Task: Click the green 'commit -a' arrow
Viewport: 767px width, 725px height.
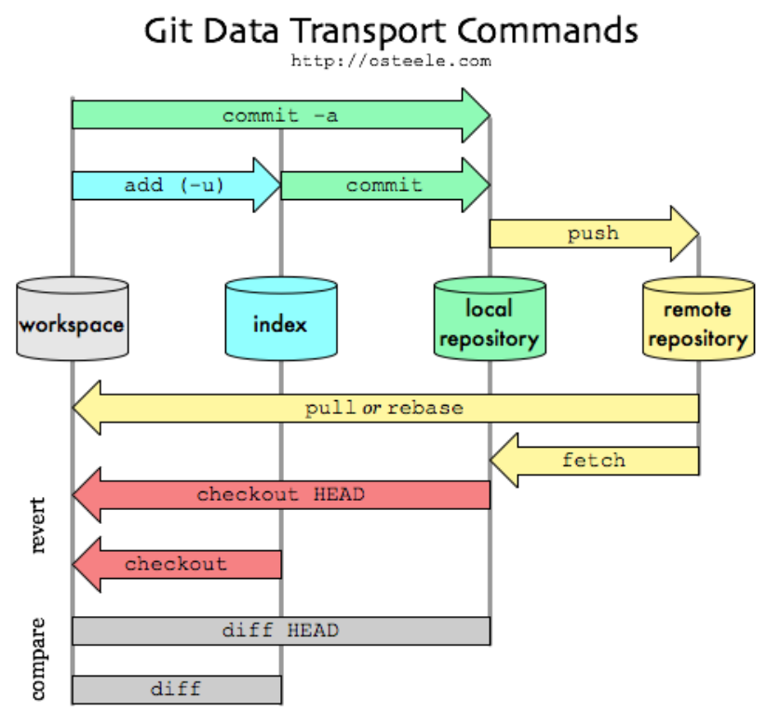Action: [279, 115]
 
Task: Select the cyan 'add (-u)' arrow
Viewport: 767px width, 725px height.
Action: [175, 184]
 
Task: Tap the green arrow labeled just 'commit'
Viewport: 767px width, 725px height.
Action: [384, 184]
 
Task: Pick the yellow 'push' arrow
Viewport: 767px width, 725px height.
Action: [593, 233]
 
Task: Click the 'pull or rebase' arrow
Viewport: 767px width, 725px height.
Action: [384, 408]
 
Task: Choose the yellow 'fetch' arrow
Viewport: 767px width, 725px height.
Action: [594, 460]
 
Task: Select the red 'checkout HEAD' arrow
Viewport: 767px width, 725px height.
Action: [280, 494]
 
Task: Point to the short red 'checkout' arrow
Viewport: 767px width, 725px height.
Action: [176, 563]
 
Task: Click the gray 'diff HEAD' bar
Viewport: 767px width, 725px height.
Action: [280, 630]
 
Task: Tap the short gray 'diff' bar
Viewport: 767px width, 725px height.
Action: [176, 690]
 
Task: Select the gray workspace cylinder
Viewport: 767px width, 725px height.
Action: [72, 321]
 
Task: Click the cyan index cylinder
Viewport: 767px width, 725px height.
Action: [280, 321]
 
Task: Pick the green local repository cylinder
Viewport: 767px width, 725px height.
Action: [489, 321]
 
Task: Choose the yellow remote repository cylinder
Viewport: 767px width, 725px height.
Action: [697, 321]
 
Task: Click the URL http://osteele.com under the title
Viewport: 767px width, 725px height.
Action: [391, 60]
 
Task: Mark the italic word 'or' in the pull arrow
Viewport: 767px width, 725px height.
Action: [372, 409]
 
